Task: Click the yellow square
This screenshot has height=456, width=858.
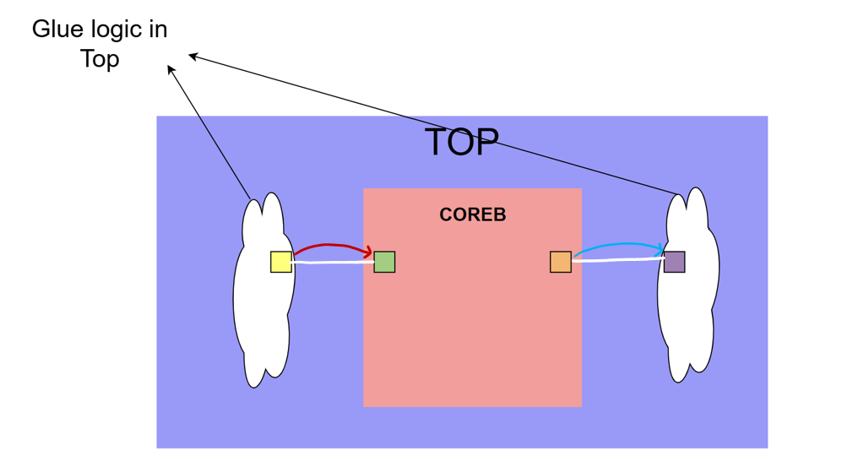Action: (x=281, y=262)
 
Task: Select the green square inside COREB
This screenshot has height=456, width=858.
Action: (x=384, y=262)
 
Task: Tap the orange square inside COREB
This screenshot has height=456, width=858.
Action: (x=561, y=262)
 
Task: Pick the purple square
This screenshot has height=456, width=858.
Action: (x=674, y=262)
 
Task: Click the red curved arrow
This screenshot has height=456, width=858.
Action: (x=329, y=246)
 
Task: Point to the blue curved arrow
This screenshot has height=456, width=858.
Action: (x=616, y=245)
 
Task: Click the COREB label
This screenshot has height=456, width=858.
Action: (x=473, y=215)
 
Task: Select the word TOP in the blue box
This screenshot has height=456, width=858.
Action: (x=461, y=143)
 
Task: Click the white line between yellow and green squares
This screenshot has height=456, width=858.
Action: (x=334, y=263)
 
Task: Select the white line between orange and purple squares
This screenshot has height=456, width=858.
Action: (x=617, y=261)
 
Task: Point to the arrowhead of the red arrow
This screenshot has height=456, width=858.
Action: (x=369, y=251)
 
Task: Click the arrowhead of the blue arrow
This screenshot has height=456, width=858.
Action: (x=660, y=249)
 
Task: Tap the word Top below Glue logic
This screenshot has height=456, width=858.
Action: (x=100, y=60)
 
